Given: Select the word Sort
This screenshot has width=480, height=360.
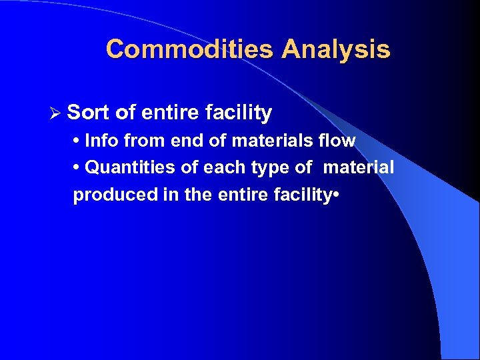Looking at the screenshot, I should coord(89,113).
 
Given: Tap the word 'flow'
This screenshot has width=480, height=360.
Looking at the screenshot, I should coord(337,141).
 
